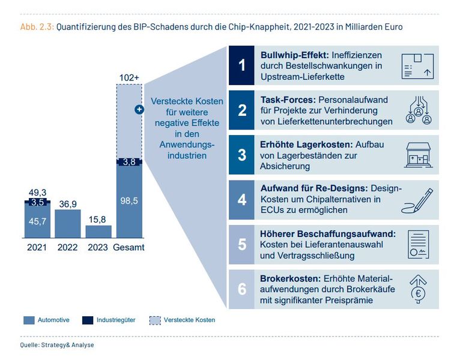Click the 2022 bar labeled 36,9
(68, 224)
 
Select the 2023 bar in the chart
(98, 232)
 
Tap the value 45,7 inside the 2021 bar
(37, 221)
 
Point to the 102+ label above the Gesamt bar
(129, 77)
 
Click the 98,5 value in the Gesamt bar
(129, 201)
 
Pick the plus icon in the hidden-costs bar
(139, 109)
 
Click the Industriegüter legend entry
(112, 320)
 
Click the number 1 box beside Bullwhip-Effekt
(242, 65)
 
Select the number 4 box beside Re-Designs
(242, 199)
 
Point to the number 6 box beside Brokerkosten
(242, 289)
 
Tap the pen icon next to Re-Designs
(417, 200)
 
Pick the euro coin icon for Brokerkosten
(418, 289)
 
